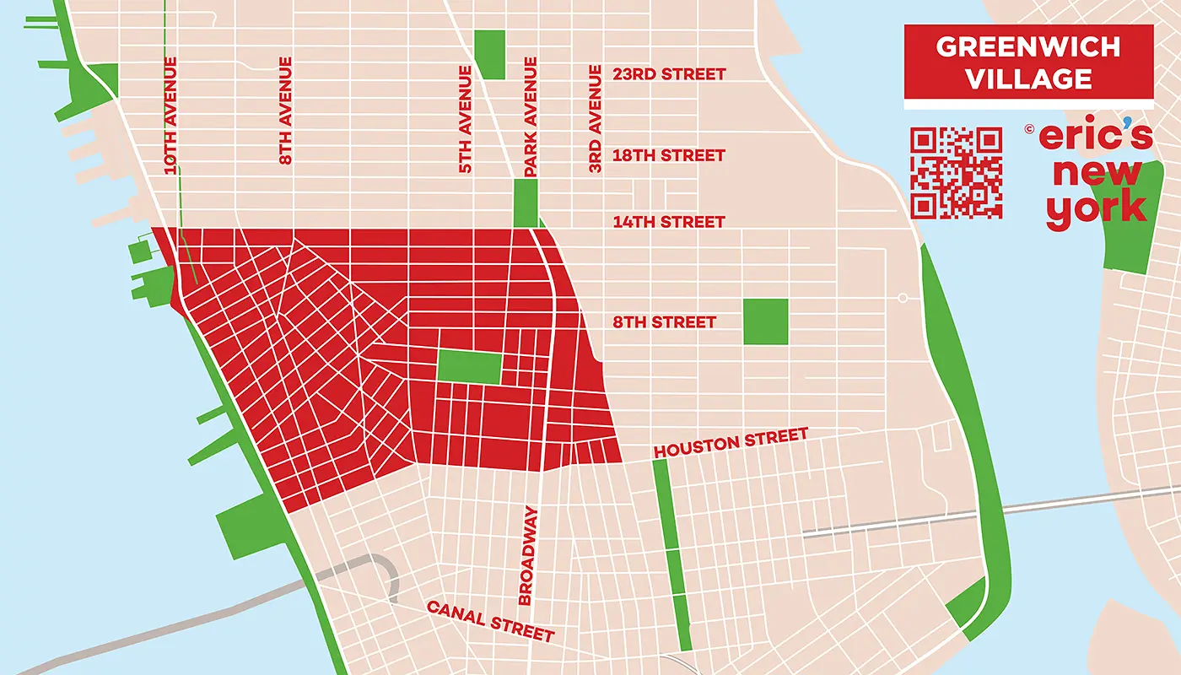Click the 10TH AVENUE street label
pyautogui.click(x=171, y=116)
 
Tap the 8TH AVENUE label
pyautogui.click(x=285, y=110)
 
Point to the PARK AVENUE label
pyautogui.click(x=531, y=116)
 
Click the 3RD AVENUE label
pyautogui.click(x=596, y=119)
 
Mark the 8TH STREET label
pyautogui.click(x=664, y=322)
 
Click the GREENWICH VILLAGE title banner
pyautogui.click(x=1028, y=62)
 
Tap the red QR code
pyautogui.click(x=957, y=172)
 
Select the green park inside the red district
pyautogui.click(x=469, y=367)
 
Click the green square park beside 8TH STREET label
pyautogui.click(x=766, y=321)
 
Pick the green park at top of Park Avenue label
pyautogui.click(x=525, y=202)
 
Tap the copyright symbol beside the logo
pyautogui.click(x=1029, y=130)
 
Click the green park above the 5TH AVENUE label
pyautogui.click(x=489, y=54)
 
